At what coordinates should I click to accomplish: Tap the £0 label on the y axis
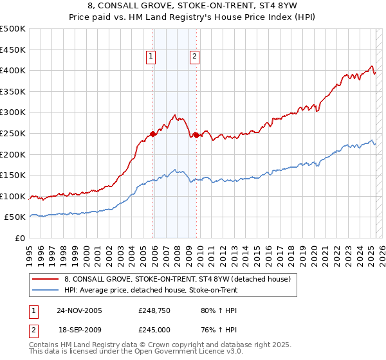(20, 238)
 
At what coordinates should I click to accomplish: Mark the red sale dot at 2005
(152, 134)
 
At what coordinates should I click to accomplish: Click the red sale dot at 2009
(196, 135)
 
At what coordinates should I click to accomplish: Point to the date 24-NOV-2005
(79, 310)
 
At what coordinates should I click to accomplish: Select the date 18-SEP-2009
(79, 329)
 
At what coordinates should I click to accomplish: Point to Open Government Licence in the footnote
(197, 352)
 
